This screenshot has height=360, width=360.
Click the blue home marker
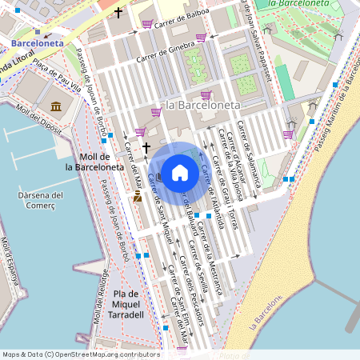tap(180, 172)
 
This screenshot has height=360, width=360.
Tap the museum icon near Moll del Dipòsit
tap(57, 106)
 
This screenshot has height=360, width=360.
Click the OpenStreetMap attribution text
tap(81, 354)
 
